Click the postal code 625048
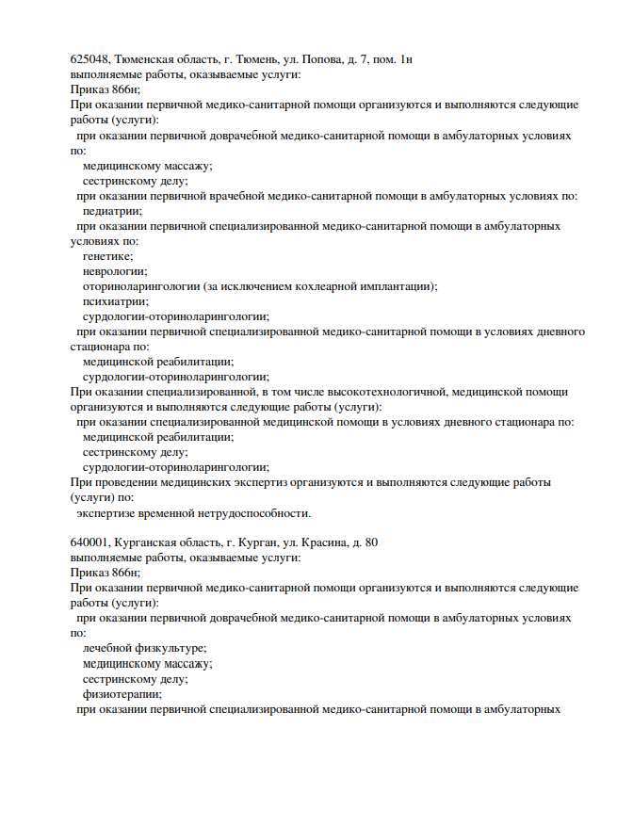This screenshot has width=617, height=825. click(x=89, y=59)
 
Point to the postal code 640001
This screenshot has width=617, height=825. click(x=89, y=542)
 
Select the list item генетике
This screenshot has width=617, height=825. click(x=107, y=256)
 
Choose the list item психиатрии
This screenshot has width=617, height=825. click(x=115, y=301)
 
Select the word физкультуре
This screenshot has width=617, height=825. click(x=169, y=648)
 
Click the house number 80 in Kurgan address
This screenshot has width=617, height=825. click(x=371, y=542)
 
